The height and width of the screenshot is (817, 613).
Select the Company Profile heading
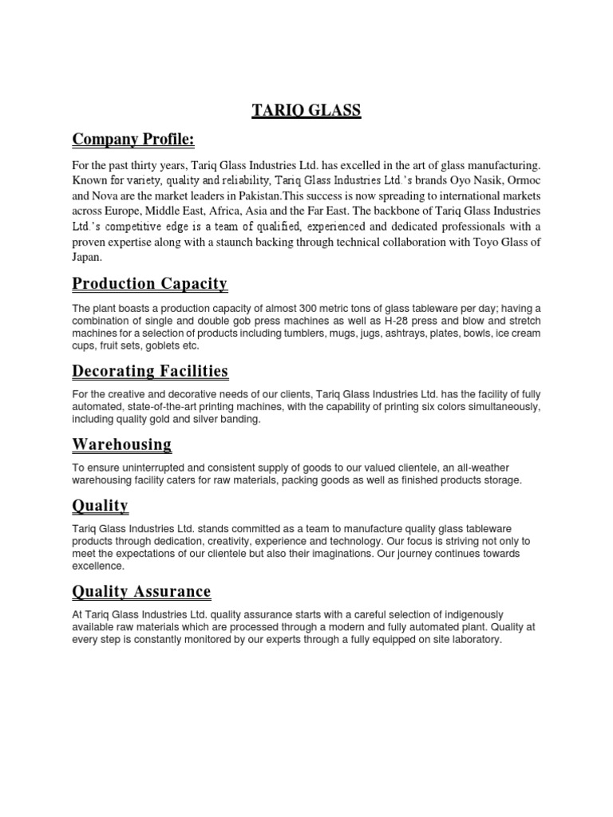(x=133, y=140)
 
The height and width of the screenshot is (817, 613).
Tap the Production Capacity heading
(x=149, y=284)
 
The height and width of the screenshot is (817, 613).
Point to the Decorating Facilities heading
(x=150, y=371)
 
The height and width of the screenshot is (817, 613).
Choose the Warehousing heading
(x=121, y=444)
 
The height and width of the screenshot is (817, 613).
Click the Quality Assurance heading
(x=141, y=591)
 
